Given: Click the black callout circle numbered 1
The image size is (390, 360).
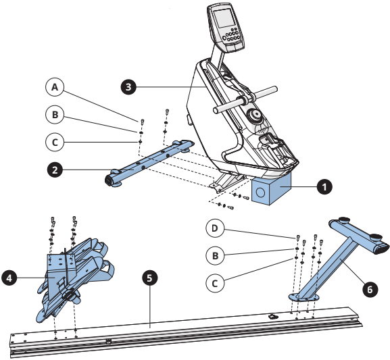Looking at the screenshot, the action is tap(324, 186).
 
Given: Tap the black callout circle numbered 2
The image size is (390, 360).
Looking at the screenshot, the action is tap(55, 170).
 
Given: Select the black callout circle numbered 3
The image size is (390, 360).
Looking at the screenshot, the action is tap(128, 87).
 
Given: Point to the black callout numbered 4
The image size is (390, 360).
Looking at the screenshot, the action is tap(9, 278).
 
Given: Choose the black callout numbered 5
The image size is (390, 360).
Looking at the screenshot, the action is tap(149, 278).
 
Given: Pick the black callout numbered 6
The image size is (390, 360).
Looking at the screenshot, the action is tap(370, 289).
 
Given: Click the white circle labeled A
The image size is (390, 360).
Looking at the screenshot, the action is tap(55, 87).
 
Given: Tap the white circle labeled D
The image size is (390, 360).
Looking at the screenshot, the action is tap(215, 228).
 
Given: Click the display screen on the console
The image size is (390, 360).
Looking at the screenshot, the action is tap(224, 18).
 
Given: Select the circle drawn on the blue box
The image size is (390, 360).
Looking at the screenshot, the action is tap(260, 192).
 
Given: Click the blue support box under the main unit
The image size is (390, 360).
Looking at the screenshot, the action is tap(271, 189).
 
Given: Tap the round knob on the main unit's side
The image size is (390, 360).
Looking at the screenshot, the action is tap(254, 115).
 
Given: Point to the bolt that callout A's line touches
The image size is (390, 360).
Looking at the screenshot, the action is tap(142, 122).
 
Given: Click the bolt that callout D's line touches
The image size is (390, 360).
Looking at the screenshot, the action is tap(297, 238).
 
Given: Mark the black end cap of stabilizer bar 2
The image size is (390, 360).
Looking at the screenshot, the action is tap(109, 180).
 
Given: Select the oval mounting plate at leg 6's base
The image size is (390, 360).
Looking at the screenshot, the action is tap(303, 297).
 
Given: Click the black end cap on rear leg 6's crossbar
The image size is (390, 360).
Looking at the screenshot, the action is tap(381, 249).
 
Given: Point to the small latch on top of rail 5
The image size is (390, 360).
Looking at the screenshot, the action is tap(272, 316).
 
